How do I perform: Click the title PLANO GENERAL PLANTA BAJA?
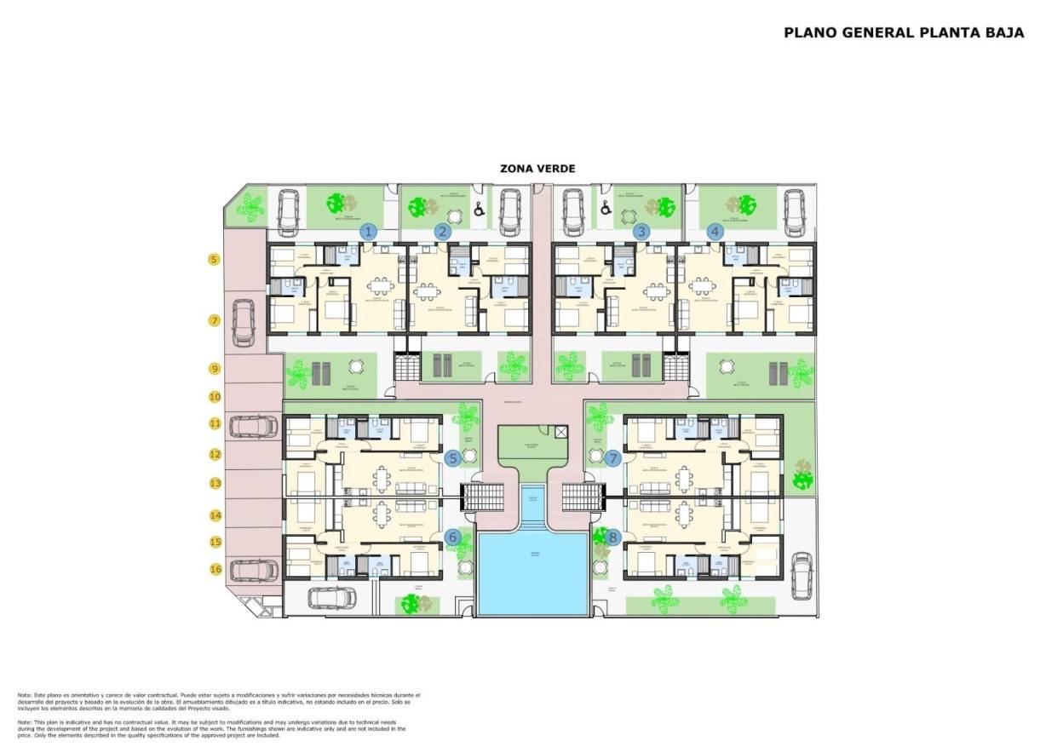pyautogui.click(x=904, y=33)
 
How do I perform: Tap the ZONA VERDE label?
pyautogui.click(x=537, y=169)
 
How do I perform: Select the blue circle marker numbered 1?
pyautogui.click(x=368, y=231)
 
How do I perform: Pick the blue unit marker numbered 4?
pyautogui.click(x=715, y=231)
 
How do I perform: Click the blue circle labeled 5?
pyautogui.click(x=452, y=458)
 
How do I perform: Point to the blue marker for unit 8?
pyautogui.click(x=612, y=537)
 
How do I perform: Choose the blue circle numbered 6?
pyautogui.click(x=452, y=537)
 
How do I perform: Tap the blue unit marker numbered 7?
pyautogui.click(x=612, y=458)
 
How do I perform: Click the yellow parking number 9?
pyautogui.click(x=215, y=369)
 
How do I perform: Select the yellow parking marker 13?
pyautogui.click(x=215, y=484)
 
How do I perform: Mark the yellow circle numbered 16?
pyautogui.click(x=215, y=569)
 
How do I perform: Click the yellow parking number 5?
pyautogui.click(x=215, y=260)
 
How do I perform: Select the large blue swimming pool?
pyautogui.click(x=533, y=572)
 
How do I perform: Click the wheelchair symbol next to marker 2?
pyautogui.click(x=480, y=207)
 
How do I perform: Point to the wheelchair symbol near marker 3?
pyautogui.click(x=606, y=207)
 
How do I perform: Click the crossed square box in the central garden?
pyautogui.click(x=560, y=433)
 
